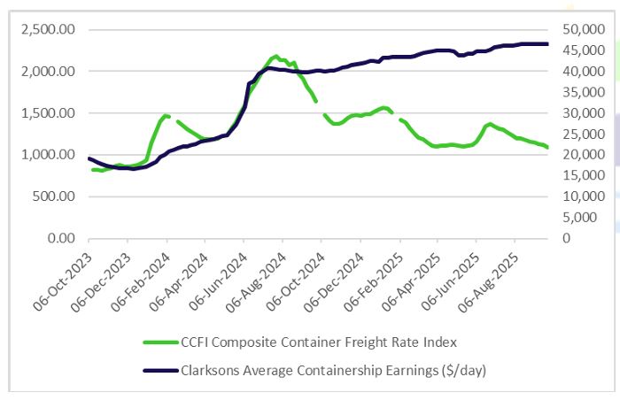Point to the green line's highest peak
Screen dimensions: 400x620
pyautogui.click(x=275, y=56)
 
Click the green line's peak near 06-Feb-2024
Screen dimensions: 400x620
pyautogui.click(x=164, y=115)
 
